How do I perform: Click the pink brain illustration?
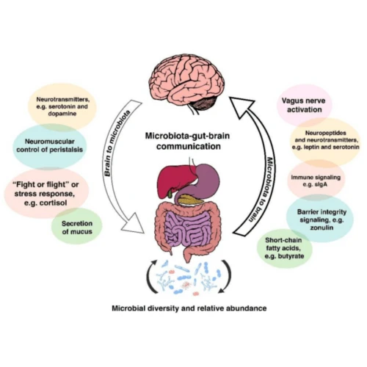pos(182,79)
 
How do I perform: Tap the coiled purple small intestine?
pos(183,229)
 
